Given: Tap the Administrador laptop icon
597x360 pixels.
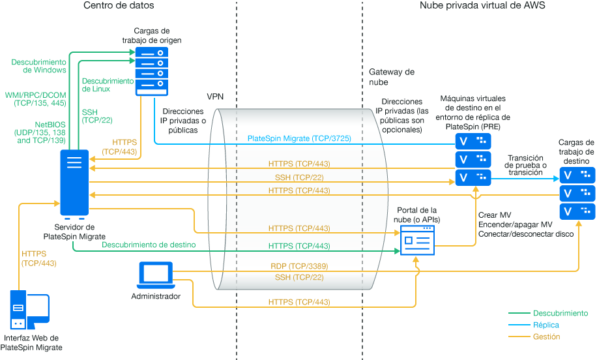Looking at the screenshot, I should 156,276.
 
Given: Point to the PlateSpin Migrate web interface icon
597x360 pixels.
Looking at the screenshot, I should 29,311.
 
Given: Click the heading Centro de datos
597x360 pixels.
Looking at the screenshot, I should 119,6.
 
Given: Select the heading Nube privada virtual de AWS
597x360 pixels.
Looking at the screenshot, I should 482,6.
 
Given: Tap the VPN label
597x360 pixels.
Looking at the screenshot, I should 214,97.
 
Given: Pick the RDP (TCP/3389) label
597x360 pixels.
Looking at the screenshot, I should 299,266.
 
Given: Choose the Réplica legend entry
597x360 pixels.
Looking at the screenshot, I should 546,325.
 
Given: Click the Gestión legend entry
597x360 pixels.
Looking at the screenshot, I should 547,337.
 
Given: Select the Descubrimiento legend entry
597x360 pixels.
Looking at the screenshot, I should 560,313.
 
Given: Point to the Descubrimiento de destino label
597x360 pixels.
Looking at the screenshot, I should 149,245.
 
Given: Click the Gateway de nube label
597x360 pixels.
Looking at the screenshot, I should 392,77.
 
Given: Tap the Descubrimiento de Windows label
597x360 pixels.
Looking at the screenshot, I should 38,66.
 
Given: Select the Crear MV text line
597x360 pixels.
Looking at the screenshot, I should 495,215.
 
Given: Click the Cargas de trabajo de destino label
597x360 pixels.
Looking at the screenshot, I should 576,151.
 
